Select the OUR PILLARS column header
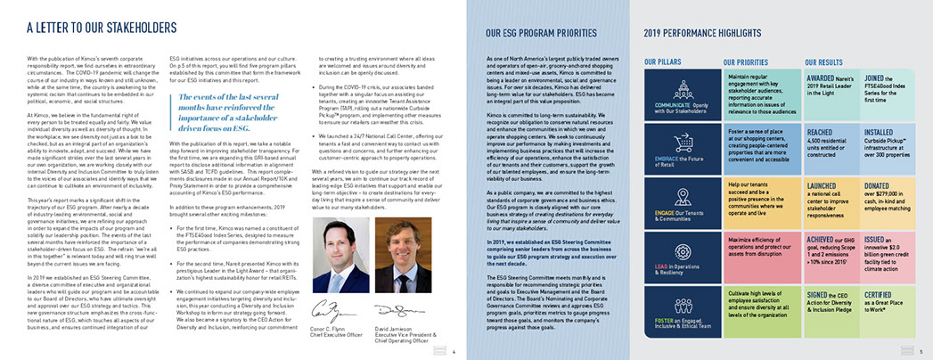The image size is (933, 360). pyautogui.click(x=667, y=63)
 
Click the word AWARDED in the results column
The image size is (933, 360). pyautogui.click(x=822, y=77)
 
